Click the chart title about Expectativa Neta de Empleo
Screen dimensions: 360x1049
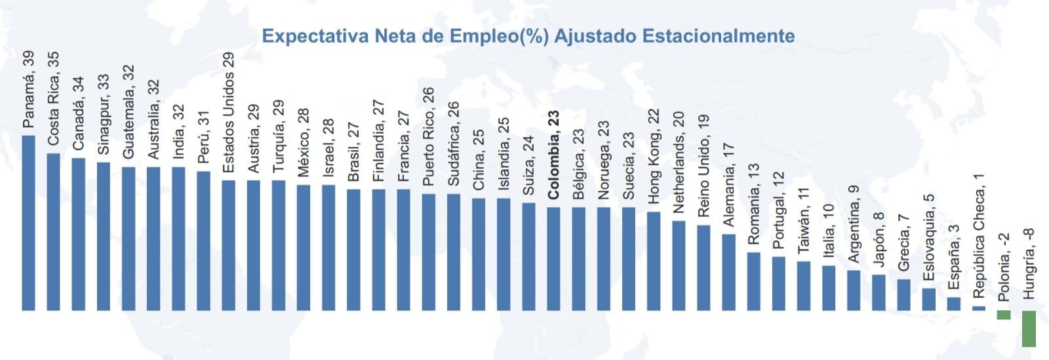click(x=528, y=35)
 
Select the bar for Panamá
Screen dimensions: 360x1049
click(x=28, y=223)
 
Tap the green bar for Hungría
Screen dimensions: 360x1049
click(x=1029, y=329)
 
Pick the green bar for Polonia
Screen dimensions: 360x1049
click(x=1003, y=315)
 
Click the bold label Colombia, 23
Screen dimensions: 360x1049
click(x=554, y=155)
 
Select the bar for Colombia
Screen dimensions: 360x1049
click(x=554, y=259)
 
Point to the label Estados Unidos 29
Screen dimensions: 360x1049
click(x=228, y=113)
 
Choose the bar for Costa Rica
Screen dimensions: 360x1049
click(x=53, y=231)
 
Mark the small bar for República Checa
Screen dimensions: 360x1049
click(x=979, y=308)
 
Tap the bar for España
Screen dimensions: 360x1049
click(x=954, y=304)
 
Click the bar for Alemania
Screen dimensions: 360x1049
click(x=728, y=272)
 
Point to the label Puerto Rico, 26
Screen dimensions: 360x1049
click(x=428, y=136)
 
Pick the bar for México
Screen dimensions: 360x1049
click(x=304, y=247)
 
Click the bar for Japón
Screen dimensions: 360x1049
click(x=879, y=292)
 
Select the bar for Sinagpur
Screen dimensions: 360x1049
click(x=104, y=236)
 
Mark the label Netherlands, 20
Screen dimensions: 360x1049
click(x=679, y=162)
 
